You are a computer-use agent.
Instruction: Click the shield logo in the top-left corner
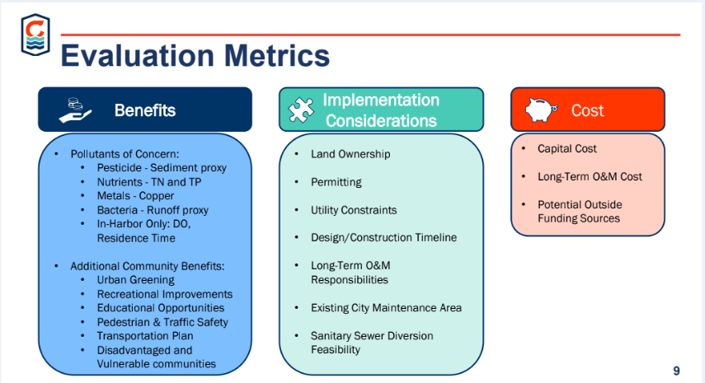35,35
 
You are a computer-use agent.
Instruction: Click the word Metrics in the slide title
277,56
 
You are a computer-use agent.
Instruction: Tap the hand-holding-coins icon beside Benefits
75,110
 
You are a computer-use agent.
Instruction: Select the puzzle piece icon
301,110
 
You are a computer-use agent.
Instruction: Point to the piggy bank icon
542,110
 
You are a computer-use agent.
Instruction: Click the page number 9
676,371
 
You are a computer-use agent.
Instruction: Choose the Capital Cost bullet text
567,148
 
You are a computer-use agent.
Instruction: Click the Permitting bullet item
336,182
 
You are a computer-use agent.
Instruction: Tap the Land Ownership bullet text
350,154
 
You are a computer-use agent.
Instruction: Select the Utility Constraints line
354,210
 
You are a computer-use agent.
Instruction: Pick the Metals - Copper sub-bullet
135,196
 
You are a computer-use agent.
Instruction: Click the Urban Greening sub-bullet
136,280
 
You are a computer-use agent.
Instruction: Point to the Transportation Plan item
145,336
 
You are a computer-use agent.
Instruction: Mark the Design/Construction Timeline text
384,237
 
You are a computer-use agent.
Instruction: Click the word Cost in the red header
587,110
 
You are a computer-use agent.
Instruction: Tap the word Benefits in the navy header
145,110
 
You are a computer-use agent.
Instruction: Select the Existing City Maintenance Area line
386,308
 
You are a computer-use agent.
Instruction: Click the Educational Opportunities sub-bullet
161,308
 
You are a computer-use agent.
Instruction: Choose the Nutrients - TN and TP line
149,182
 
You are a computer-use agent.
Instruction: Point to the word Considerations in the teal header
381,121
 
